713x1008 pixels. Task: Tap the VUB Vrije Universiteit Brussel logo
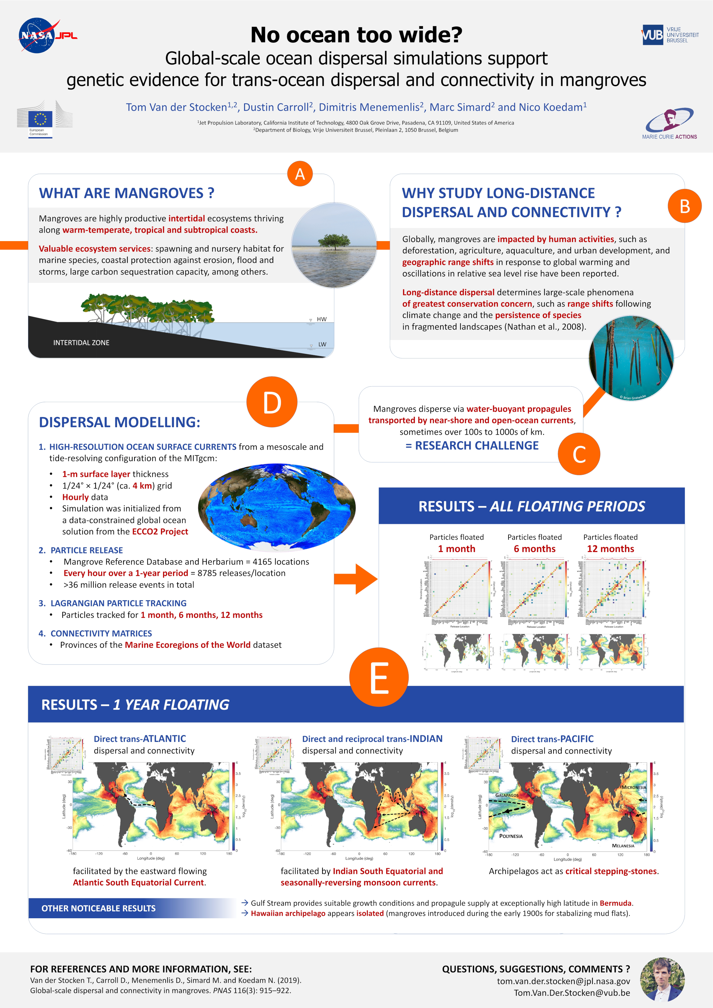[670, 35]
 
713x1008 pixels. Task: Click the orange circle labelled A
[300, 174]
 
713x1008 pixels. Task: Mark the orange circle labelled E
[379, 677]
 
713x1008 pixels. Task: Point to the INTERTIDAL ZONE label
[81, 343]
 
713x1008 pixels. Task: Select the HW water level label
[321, 319]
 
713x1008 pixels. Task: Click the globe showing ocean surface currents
[276, 507]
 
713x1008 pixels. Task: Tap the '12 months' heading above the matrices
[610, 549]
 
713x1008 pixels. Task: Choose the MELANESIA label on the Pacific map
[623, 846]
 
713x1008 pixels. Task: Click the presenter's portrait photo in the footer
[662, 979]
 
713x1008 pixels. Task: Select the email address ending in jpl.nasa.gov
[563, 981]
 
